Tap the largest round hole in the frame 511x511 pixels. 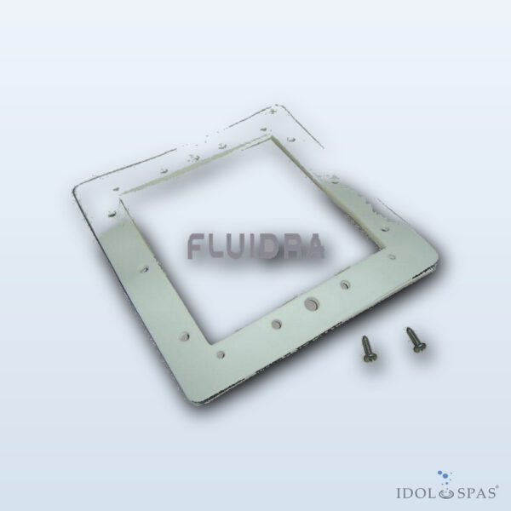tap(311, 304)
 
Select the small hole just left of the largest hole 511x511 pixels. tap(277, 324)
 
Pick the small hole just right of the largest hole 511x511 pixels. tap(345, 284)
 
